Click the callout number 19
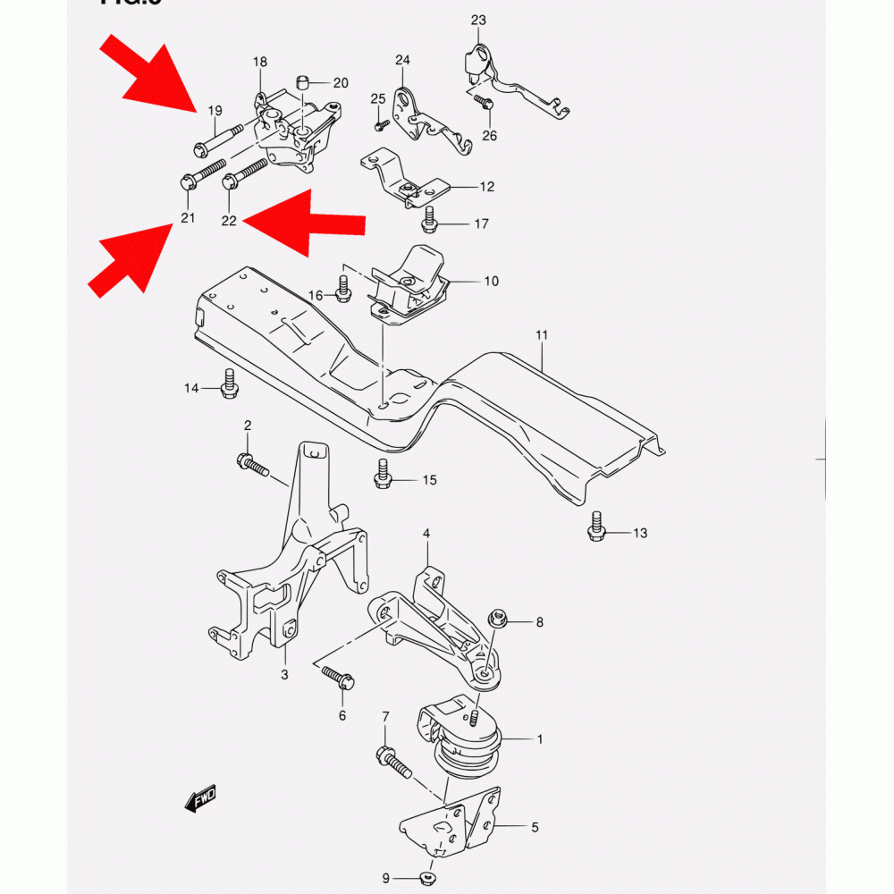coord(215,111)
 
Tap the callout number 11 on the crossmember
coord(542,335)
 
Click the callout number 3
coord(284,674)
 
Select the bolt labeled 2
coord(251,464)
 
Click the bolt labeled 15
coord(383,474)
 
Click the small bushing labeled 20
coord(303,84)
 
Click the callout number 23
coord(478,20)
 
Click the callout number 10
coord(492,282)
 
